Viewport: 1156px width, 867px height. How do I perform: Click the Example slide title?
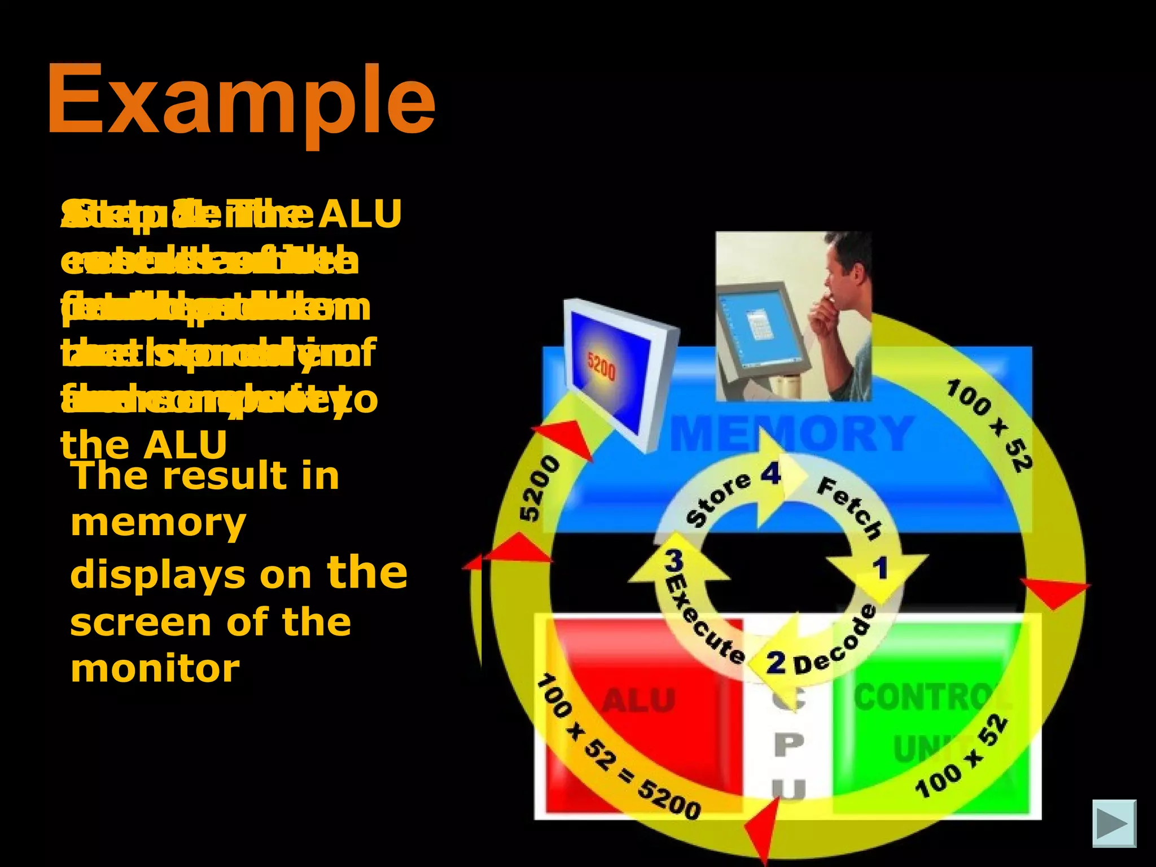click(241, 100)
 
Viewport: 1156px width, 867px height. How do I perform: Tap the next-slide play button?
click(1114, 824)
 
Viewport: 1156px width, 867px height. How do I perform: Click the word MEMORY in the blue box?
click(790, 433)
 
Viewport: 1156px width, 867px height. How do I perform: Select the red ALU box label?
click(638, 701)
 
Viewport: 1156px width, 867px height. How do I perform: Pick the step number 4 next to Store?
click(770, 474)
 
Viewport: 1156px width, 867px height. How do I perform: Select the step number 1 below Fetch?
click(881, 568)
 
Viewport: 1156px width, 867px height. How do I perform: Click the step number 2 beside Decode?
click(776, 662)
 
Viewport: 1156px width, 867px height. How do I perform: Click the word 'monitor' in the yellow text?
click(155, 668)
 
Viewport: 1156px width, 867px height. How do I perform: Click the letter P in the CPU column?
click(789, 745)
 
